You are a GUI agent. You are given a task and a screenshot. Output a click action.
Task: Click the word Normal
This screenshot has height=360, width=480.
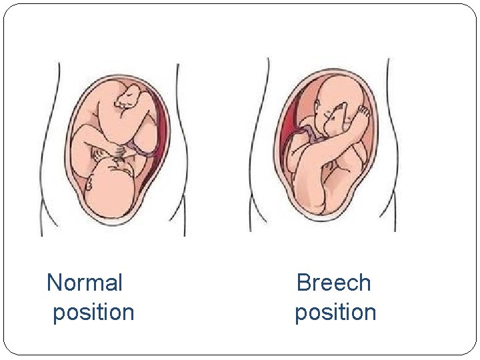(x=85, y=283)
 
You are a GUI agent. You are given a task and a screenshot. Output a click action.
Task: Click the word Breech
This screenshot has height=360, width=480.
(x=333, y=283)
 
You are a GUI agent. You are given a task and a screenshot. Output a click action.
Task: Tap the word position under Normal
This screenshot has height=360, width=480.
(x=93, y=312)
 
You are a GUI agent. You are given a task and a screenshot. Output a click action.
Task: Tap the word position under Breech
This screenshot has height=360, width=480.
(x=335, y=312)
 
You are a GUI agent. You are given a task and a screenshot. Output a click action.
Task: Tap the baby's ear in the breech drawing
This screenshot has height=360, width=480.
(x=320, y=107)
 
